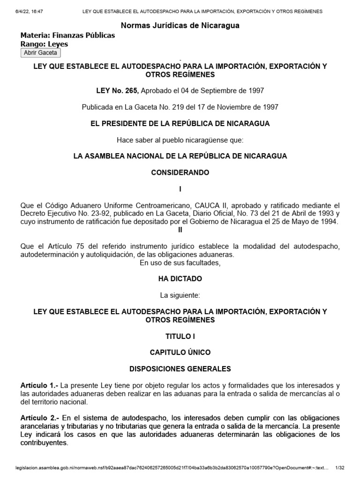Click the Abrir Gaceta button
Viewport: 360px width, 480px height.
(x=40, y=52)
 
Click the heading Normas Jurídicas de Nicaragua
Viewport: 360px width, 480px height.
(x=180, y=25)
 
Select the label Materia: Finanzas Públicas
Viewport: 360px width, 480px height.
(x=68, y=35)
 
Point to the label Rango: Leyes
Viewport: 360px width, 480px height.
(x=45, y=44)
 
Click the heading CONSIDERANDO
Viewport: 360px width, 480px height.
(x=180, y=172)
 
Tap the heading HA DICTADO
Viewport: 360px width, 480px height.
(x=180, y=278)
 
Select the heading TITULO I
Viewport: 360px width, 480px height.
(x=180, y=336)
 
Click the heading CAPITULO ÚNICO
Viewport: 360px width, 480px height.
(x=180, y=352)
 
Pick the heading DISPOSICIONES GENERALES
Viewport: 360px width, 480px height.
(x=180, y=369)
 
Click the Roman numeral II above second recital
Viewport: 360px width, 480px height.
(x=180, y=230)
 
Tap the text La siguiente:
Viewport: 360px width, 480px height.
(x=180, y=295)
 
